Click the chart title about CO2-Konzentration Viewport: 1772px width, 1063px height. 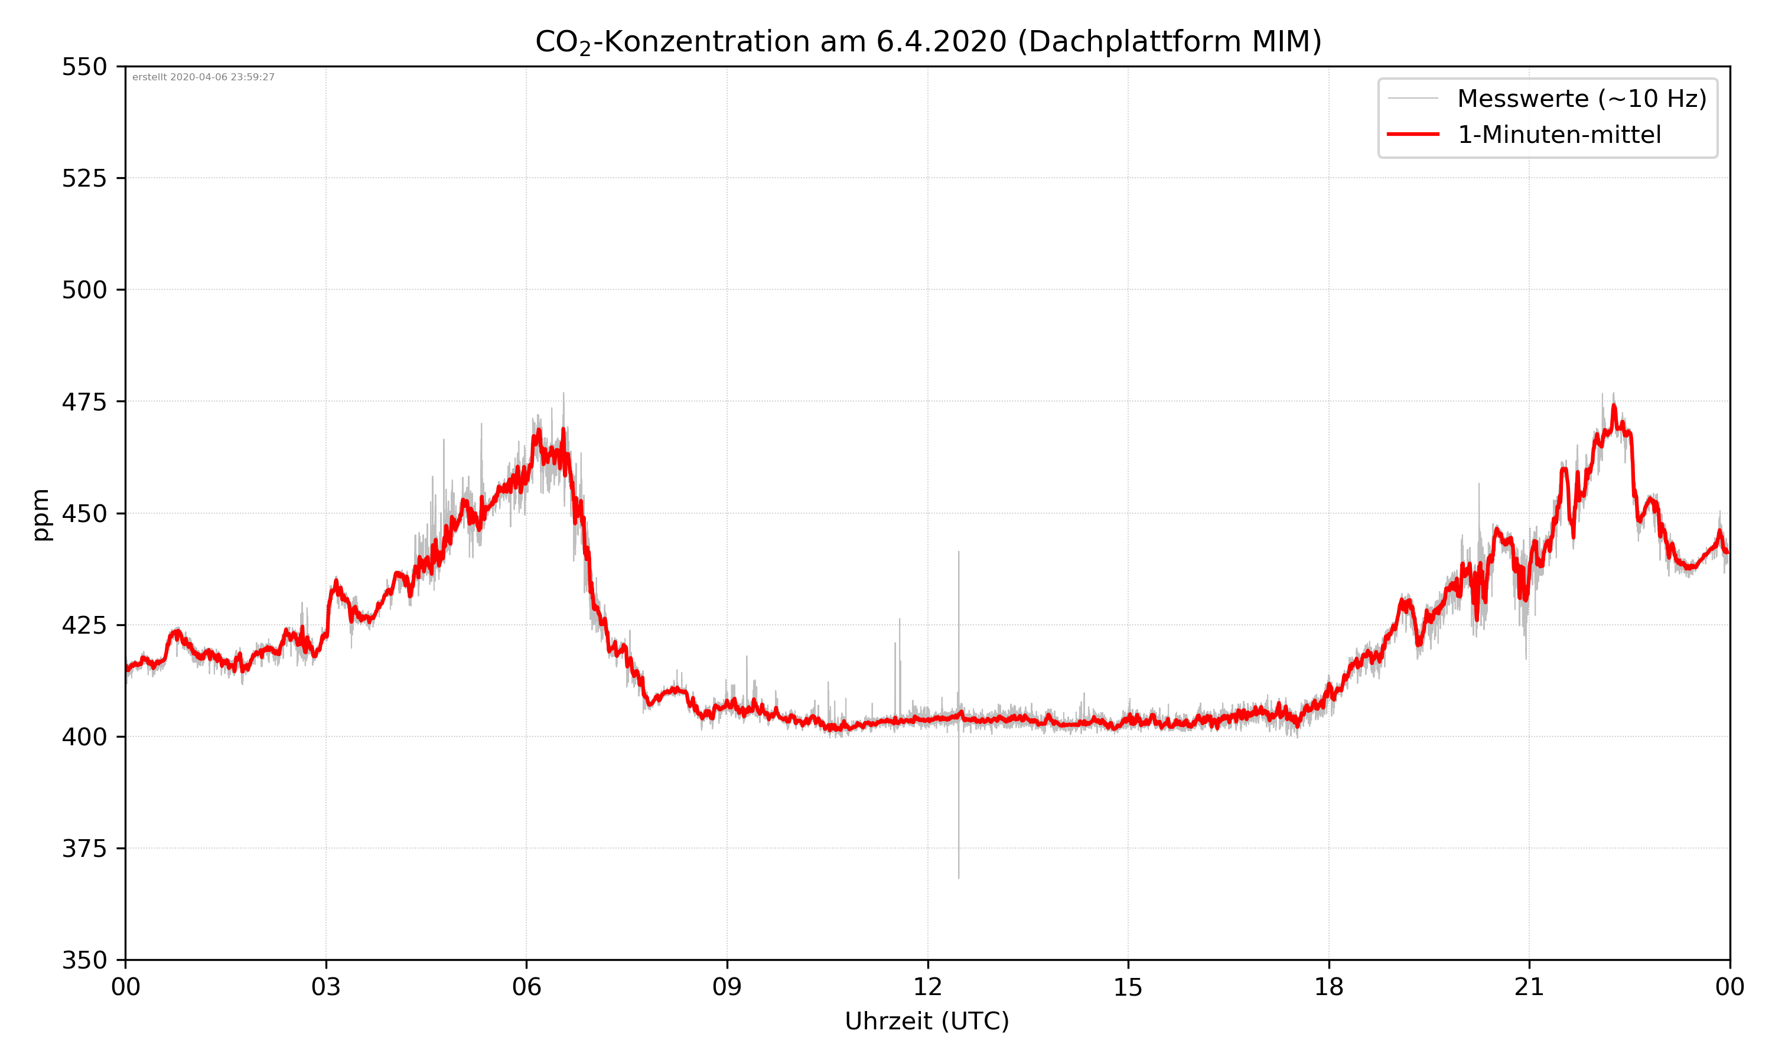coord(927,41)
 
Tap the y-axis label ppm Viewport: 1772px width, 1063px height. coord(41,514)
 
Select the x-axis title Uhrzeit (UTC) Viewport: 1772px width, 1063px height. coord(927,1020)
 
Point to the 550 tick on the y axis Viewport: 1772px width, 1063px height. coord(84,67)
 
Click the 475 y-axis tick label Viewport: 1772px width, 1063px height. coord(84,402)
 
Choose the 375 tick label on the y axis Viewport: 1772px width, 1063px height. coord(84,849)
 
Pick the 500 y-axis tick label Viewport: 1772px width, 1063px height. coord(84,290)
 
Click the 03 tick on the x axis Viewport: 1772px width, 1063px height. coord(326,987)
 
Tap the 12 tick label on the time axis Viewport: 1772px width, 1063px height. coord(927,987)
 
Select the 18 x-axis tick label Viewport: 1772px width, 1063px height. coord(1328,987)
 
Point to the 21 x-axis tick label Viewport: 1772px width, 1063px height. coord(1529,987)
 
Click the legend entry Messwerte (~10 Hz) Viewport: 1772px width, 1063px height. coord(1581,99)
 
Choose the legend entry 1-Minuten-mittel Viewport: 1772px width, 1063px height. coord(1559,135)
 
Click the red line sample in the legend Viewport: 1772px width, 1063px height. coord(1412,134)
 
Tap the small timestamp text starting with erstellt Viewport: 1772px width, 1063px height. coord(203,77)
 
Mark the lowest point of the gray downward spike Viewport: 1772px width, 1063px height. coord(958,878)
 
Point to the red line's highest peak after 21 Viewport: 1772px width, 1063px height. coord(1614,406)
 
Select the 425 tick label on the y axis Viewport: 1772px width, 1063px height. coord(84,625)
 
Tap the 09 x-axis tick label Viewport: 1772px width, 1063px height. coord(727,987)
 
